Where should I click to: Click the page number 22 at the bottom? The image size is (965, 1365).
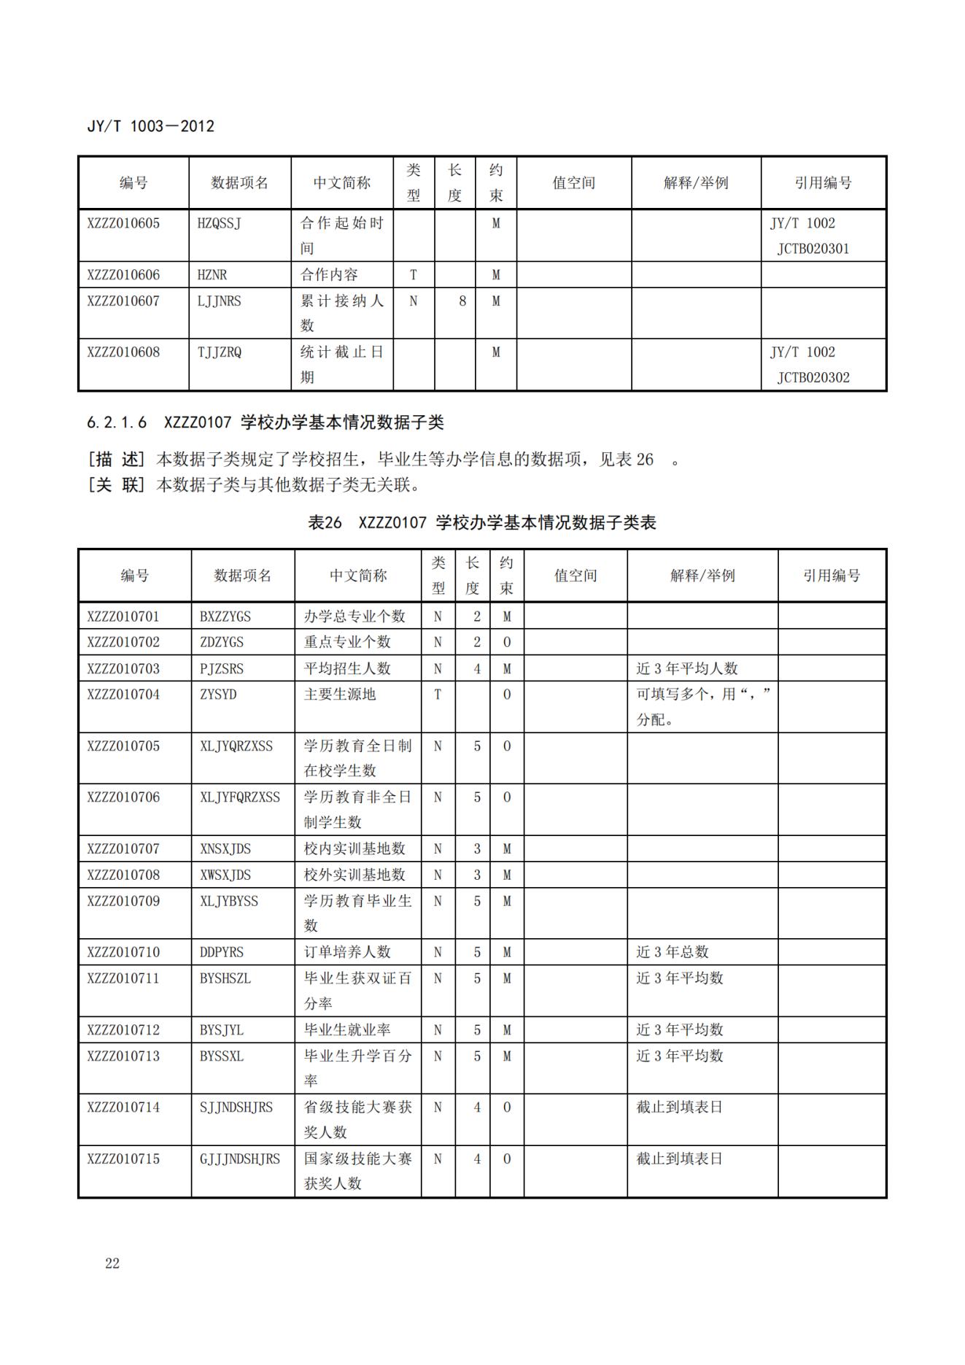point(112,1264)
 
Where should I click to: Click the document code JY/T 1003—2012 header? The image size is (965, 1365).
point(150,126)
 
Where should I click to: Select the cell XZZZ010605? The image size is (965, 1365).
point(123,223)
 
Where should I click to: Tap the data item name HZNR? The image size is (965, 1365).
point(212,275)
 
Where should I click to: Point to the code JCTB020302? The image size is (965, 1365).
point(813,378)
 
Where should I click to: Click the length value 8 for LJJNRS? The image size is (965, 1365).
point(462,301)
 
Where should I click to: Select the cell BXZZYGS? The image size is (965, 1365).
point(225,616)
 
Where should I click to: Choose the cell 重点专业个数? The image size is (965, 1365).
point(347,642)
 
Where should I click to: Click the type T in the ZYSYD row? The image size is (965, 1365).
point(438,695)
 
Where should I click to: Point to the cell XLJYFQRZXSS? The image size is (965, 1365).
point(240,797)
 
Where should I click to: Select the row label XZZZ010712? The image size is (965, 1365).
point(123,1030)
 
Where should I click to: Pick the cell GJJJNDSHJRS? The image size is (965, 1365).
point(240,1159)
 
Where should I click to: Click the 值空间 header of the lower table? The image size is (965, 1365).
point(575,576)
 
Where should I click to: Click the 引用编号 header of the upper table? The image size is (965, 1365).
point(823,183)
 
